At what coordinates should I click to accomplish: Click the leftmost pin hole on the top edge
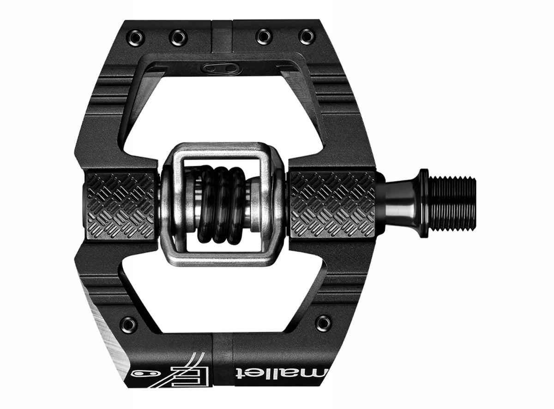click(136, 36)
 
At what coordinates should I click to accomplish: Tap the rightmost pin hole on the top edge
click(306, 36)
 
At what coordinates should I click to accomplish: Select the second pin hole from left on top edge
click(178, 37)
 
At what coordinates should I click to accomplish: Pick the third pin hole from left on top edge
click(264, 36)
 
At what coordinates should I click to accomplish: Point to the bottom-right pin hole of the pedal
click(323, 322)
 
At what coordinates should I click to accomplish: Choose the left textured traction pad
click(120, 206)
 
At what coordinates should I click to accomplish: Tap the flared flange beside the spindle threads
click(423, 203)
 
